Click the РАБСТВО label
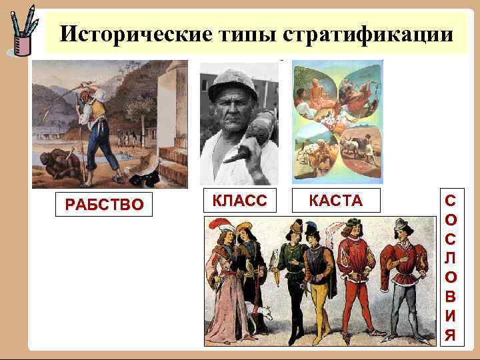coord(103,204)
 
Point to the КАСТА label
coord(336,201)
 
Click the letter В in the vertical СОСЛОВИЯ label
coord(451,295)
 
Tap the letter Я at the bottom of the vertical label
coord(451,334)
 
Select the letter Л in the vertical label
coord(451,256)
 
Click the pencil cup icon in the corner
coord(22,33)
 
